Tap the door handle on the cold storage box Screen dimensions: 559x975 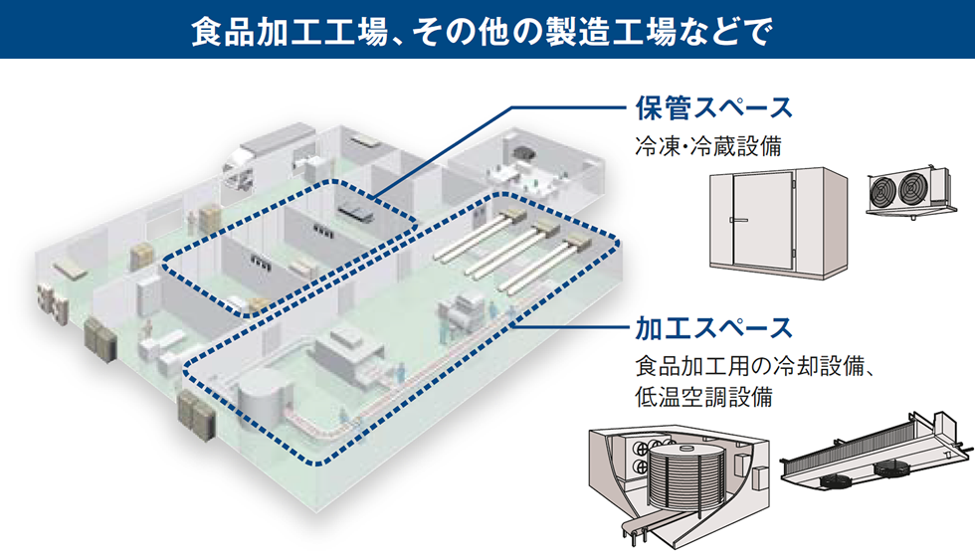[x=732, y=219]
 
